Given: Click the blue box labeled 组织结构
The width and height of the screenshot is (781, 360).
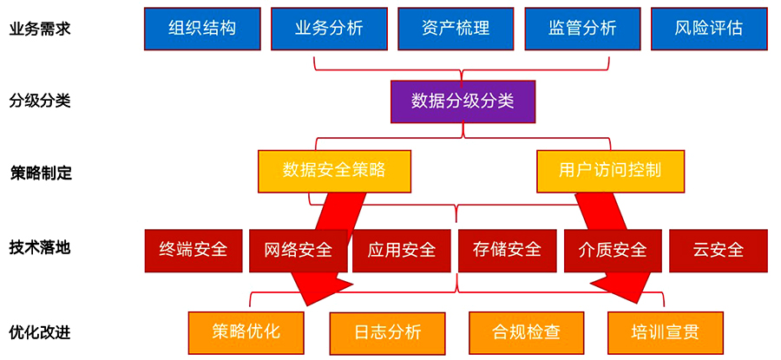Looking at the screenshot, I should pos(202,28).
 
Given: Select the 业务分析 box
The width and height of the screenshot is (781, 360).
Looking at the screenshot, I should pos(329,28).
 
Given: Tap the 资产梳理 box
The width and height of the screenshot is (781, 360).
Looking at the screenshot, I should pos(456,28).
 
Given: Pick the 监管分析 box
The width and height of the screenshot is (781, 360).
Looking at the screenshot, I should pos(582,28).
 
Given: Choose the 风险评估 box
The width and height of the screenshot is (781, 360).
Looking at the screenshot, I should pos(708,28).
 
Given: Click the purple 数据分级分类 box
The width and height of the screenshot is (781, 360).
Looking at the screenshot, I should pos(463,101).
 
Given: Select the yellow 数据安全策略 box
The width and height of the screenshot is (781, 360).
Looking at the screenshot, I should pos(333,170).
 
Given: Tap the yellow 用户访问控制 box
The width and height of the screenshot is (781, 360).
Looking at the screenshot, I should pos(610,170).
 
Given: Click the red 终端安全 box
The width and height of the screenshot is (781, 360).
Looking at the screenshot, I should pos(194,250).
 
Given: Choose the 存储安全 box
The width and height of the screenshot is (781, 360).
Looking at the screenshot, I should pos(507,250).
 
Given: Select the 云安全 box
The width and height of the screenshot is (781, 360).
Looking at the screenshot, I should pos(718,250).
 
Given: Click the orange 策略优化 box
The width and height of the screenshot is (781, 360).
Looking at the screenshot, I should pos(246,331).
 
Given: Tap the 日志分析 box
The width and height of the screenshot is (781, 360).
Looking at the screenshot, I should pos(387,331).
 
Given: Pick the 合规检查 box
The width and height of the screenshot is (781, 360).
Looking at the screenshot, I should pos(526,331).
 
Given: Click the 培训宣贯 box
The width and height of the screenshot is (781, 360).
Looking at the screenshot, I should pos(665,331).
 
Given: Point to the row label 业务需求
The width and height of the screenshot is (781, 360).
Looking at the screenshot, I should pos(39,29).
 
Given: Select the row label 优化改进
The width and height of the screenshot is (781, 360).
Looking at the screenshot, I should pos(39,331).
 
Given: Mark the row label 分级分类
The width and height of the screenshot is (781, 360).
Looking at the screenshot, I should pos(39,100).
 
